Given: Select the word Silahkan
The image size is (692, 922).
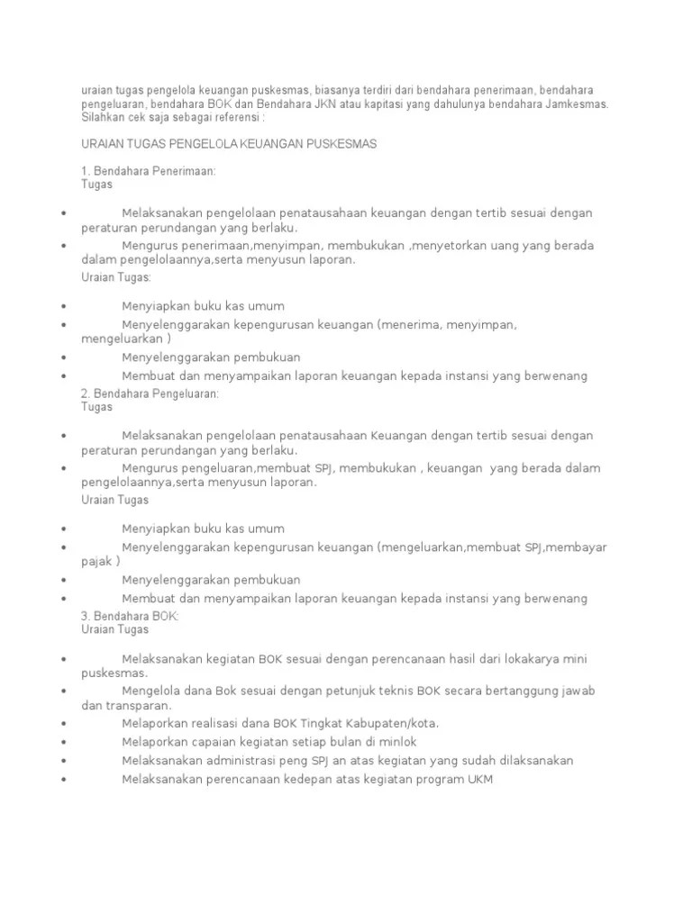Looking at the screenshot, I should coord(104,117).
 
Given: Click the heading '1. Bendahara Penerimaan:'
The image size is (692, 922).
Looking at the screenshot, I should coord(149,171).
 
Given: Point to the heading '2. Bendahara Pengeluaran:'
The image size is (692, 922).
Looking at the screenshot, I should coord(150,394).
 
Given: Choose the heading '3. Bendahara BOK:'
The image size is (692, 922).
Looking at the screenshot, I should coord(131,616).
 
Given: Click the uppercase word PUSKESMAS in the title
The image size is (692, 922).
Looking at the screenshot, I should coord(335,144).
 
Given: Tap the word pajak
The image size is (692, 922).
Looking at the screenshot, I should coord(96,561).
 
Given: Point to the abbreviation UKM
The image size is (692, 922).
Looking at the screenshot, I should coord(479,779).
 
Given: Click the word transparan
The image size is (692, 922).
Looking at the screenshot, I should coord(139,706).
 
